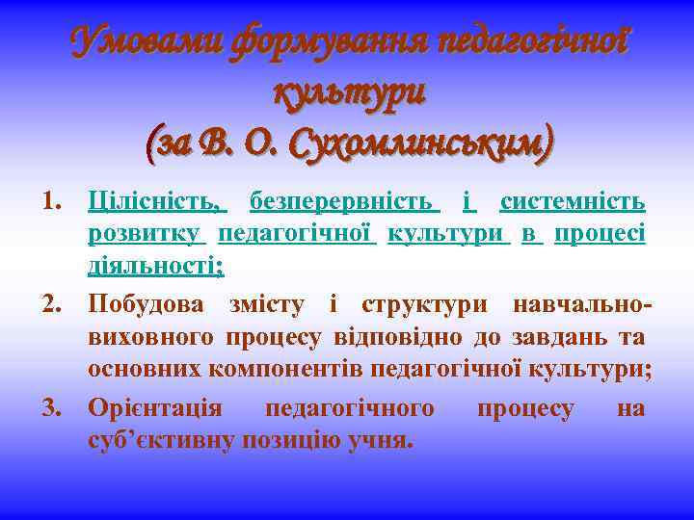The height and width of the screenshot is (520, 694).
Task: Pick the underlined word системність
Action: (573, 202)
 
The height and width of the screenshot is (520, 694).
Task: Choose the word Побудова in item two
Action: (147, 306)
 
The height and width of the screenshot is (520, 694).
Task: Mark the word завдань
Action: (554, 337)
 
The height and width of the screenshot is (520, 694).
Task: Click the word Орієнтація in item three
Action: (155, 409)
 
